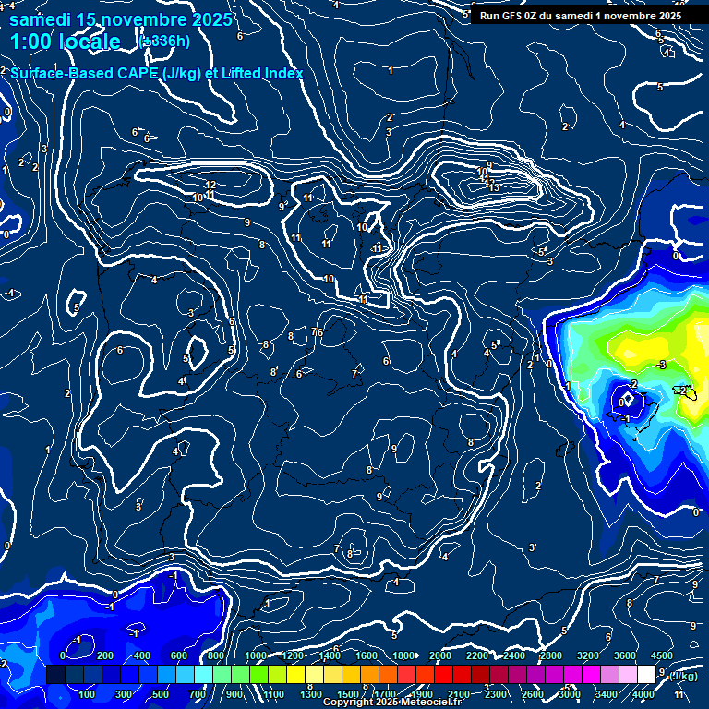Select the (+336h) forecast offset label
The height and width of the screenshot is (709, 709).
[164, 41]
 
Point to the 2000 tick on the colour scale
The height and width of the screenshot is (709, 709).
[440, 655]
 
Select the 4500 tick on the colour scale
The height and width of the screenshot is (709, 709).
[662, 655]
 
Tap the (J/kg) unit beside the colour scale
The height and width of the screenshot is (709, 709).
[683, 676]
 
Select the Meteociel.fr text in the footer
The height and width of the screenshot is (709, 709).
[432, 703]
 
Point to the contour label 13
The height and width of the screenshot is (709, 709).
[494, 187]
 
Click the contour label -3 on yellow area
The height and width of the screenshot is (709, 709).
[660, 366]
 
